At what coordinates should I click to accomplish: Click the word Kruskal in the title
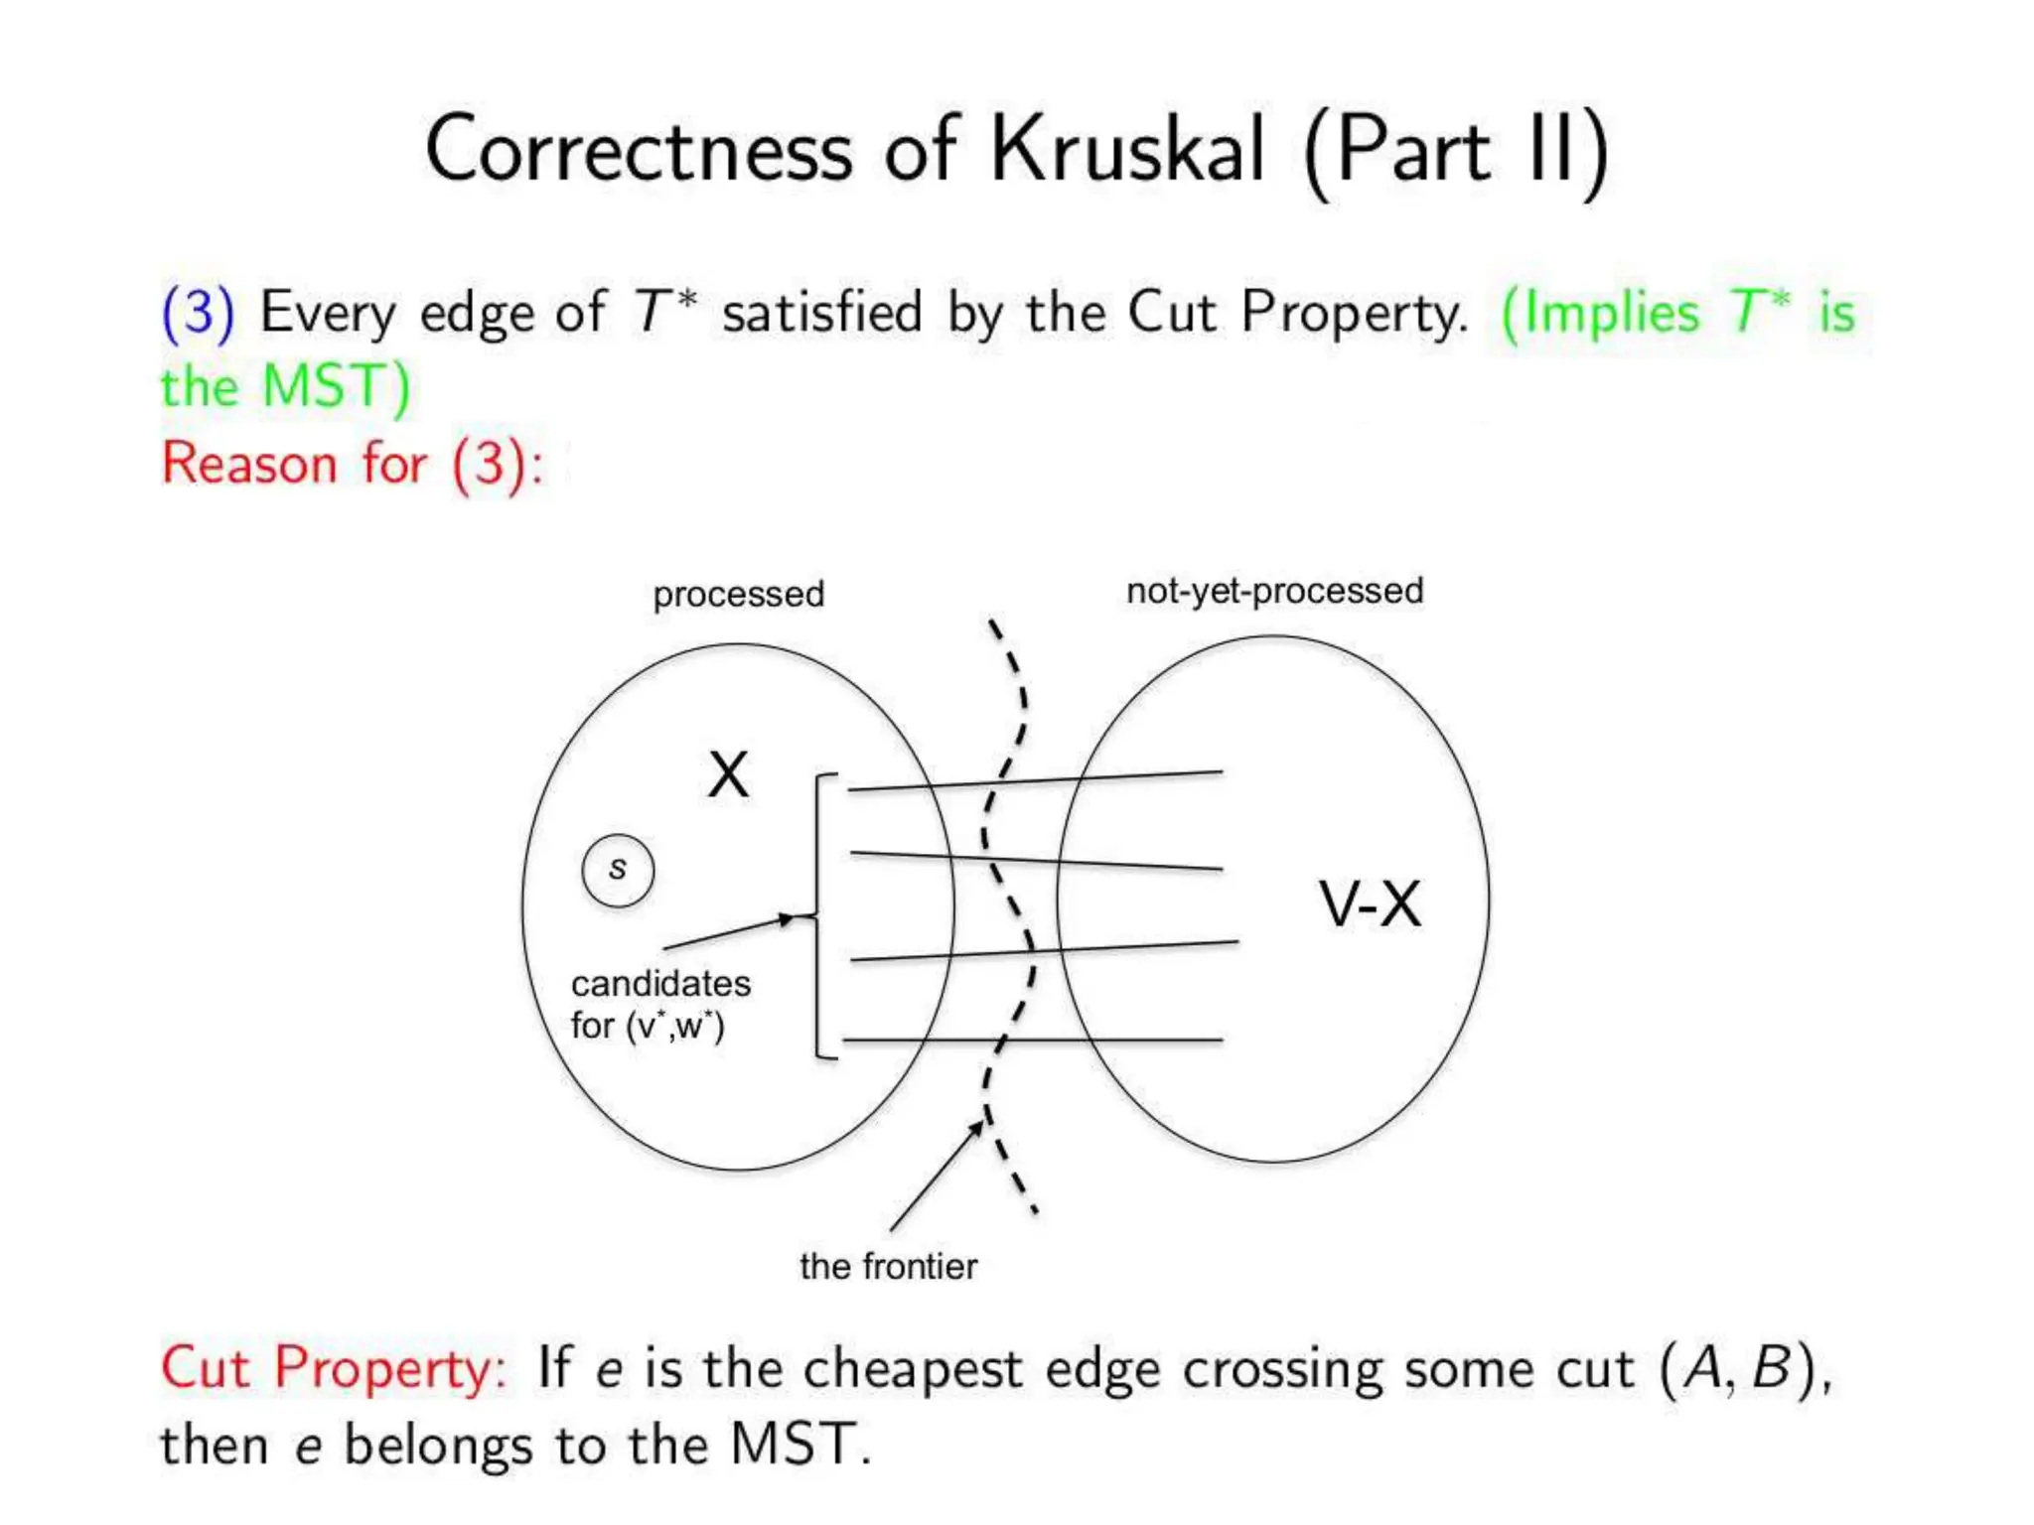point(1128,151)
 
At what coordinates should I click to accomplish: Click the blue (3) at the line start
point(198,312)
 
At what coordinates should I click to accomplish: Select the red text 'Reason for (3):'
point(353,464)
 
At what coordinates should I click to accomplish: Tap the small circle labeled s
point(618,871)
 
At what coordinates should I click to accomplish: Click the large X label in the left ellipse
point(728,775)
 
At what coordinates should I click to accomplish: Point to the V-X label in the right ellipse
point(1370,904)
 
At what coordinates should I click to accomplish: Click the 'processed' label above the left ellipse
point(738,594)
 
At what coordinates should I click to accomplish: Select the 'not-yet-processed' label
point(1274,591)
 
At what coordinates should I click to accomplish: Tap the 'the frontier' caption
point(888,1267)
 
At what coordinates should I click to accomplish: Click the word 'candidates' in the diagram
point(660,984)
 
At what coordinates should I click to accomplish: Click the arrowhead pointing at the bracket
point(788,918)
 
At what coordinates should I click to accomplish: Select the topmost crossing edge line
point(1033,781)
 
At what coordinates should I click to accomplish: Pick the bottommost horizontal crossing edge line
point(1033,1040)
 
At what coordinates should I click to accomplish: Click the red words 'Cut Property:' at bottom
point(334,1368)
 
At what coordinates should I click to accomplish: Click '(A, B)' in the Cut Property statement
point(1744,1368)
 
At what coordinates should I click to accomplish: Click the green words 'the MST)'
point(286,386)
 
